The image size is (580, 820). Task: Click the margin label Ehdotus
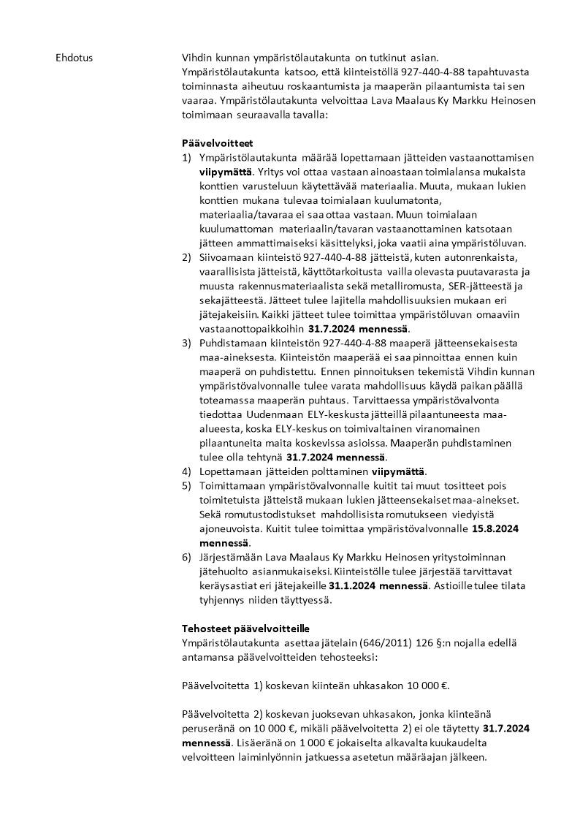pos(75,57)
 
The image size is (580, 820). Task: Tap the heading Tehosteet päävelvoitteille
pos(245,629)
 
